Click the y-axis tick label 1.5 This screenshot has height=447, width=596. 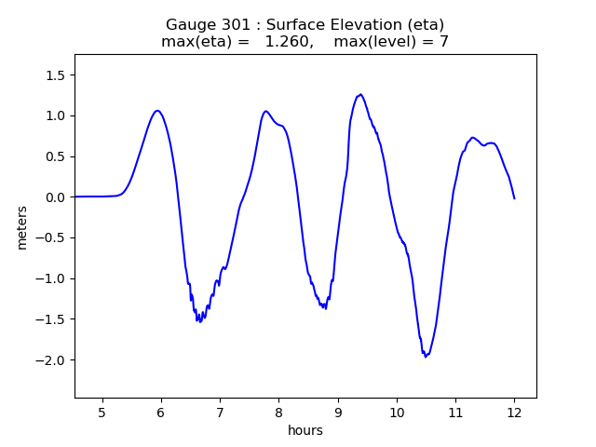click(x=55, y=75)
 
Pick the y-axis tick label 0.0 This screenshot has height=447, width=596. click(x=55, y=197)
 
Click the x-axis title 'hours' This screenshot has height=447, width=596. click(x=305, y=430)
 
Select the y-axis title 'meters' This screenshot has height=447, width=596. click(x=21, y=227)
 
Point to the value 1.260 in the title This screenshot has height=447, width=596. click(x=288, y=42)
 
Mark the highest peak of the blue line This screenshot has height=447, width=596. click(x=360, y=94)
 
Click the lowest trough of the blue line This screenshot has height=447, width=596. click(x=426, y=356)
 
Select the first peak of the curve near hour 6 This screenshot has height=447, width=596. click(x=158, y=111)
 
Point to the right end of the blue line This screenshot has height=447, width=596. click(x=514, y=198)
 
